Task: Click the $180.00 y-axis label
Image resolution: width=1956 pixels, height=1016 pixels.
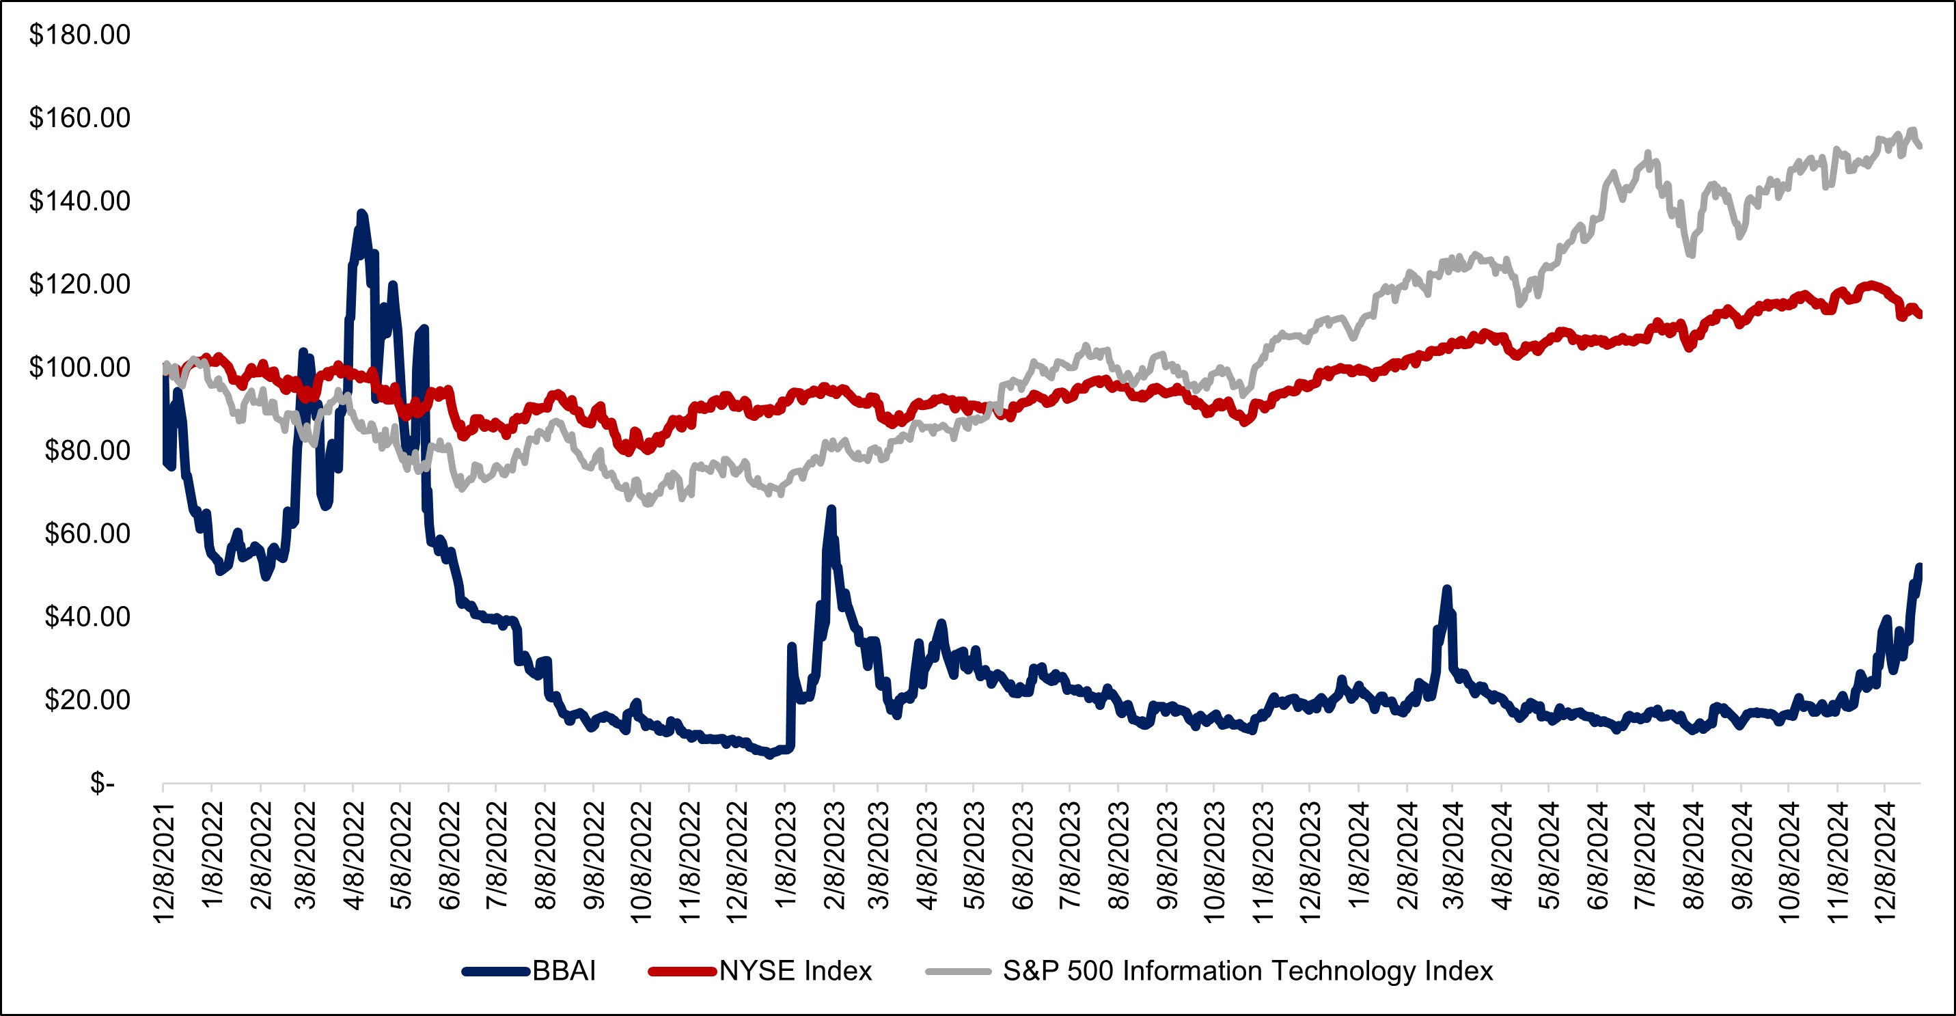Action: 79,35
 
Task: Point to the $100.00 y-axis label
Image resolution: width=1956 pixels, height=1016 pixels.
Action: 79,368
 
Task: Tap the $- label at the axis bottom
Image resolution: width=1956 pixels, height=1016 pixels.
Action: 102,782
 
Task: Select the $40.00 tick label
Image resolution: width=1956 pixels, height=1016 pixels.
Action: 87,616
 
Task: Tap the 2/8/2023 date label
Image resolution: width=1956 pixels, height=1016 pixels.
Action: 834,855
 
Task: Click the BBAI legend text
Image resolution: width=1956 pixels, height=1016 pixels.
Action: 564,971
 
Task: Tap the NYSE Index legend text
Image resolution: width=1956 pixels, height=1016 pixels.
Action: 795,971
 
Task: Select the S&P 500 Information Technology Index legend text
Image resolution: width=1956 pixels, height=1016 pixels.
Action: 1248,971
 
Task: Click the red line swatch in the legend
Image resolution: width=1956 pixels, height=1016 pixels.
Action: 681,971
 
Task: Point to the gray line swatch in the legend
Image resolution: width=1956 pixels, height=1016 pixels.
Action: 959,971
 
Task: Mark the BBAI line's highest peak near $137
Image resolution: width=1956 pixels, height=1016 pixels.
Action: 361,213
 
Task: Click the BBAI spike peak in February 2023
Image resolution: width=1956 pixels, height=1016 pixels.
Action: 831,509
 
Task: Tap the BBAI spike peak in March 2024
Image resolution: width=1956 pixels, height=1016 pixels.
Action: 1446,588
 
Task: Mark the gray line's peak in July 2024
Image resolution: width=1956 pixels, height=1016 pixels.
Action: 1648,153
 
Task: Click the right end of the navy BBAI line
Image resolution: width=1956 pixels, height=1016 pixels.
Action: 1920,566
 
